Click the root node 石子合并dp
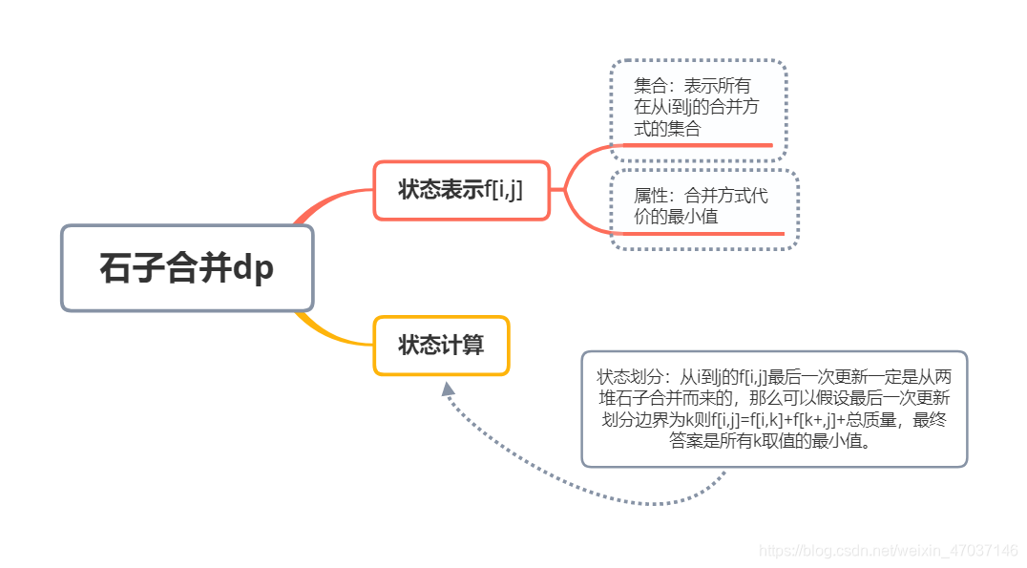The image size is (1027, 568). click(187, 268)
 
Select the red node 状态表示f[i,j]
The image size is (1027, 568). click(461, 190)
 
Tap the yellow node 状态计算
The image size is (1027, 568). click(441, 345)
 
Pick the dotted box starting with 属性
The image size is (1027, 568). click(702, 208)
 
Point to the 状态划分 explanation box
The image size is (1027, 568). click(774, 409)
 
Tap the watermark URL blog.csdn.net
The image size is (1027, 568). click(888, 551)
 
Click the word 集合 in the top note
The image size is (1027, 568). click(649, 86)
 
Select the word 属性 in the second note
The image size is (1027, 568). click(649, 197)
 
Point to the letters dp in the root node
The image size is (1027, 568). click(253, 268)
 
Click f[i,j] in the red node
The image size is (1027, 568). click(503, 190)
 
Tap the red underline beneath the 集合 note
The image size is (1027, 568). click(697, 145)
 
